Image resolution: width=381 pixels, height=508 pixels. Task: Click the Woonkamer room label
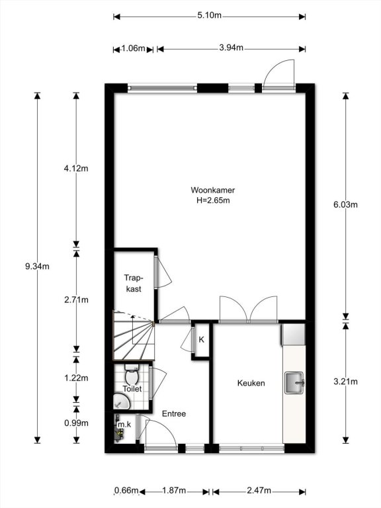[x=212, y=190]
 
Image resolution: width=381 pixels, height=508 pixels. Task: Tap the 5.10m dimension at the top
[x=209, y=15]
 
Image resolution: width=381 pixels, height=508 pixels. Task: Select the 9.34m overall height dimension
[x=37, y=267]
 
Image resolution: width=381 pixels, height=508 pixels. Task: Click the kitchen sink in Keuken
[x=294, y=383]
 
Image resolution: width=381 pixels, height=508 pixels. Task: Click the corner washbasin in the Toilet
[x=121, y=401]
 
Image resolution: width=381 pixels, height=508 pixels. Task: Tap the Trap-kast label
[x=134, y=283]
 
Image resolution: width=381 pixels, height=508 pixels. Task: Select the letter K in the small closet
[x=202, y=339]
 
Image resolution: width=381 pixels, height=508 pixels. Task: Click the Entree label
[x=174, y=413]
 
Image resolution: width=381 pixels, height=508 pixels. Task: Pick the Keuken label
[x=251, y=383]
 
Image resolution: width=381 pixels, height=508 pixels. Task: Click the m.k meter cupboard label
[x=124, y=425]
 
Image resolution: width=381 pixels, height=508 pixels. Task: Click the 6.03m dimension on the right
[x=346, y=204]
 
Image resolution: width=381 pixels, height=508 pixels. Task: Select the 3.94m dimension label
[x=232, y=48]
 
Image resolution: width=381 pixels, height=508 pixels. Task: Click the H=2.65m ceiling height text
[x=213, y=200]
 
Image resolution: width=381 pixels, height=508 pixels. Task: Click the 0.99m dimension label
[x=76, y=423]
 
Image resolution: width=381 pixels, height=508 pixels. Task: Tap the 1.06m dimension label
[x=134, y=48]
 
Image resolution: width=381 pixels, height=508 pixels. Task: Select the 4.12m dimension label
[x=76, y=169]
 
